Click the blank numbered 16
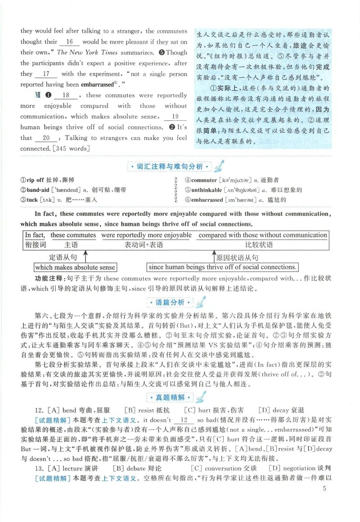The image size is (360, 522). (69, 42)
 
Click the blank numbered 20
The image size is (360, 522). (45, 138)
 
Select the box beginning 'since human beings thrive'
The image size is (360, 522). (222, 267)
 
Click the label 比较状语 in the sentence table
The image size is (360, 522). (262, 245)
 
